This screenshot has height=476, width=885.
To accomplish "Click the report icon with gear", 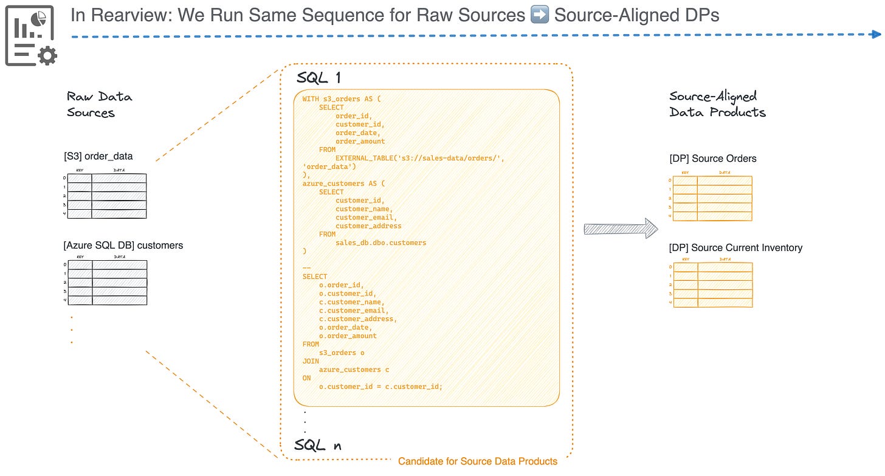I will pyautogui.click(x=31, y=35).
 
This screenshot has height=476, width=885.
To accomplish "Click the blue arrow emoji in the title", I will pyautogui.click(x=539, y=15).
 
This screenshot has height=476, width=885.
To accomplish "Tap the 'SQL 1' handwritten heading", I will pyautogui.click(x=319, y=78).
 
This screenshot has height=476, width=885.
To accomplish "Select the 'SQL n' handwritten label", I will pyautogui.click(x=318, y=445).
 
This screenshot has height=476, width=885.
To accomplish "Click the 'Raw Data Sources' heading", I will pyautogui.click(x=99, y=105).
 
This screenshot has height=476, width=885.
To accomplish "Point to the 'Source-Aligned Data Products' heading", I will pyautogui.click(x=717, y=104).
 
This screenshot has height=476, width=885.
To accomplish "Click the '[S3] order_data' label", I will pyautogui.click(x=98, y=156).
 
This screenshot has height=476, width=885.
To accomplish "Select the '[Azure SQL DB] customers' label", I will pyautogui.click(x=123, y=246).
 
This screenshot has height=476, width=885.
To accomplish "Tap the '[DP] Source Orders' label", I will pyautogui.click(x=712, y=159).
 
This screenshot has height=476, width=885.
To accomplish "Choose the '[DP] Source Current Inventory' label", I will pyautogui.click(x=735, y=247).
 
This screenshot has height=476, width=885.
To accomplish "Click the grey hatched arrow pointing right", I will pyautogui.click(x=621, y=229).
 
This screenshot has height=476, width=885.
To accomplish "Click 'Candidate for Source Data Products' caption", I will pyautogui.click(x=477, y=461).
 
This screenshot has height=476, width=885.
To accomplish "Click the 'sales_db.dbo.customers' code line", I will pyautogui.click(x=381, y=243).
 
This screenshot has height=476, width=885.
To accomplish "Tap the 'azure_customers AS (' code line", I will pyautogui.click(x=343, y=183).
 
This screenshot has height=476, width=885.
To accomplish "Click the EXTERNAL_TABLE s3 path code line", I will pyautogui.click(x=419, y=158).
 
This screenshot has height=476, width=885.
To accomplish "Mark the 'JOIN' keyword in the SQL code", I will pyautogui.click(x=311, y=361).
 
